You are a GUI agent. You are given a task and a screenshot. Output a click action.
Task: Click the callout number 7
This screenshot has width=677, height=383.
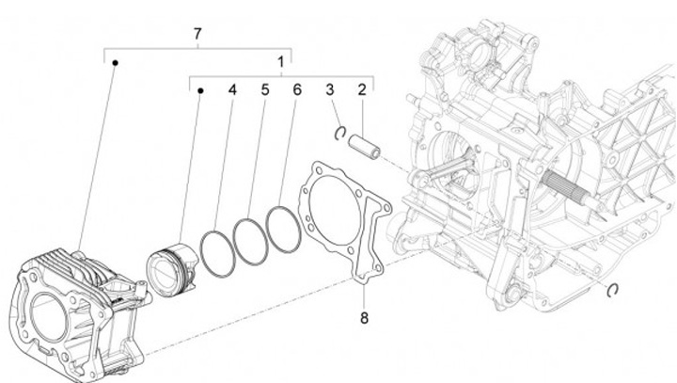click(x=197, y=35)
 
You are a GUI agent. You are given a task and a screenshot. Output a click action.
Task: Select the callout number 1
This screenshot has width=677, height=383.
click(x=279, y=61)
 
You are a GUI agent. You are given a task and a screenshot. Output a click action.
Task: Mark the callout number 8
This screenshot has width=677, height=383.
click(x=364, y=317)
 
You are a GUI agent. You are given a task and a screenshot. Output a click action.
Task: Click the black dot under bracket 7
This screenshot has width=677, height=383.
click(x=115, y=62)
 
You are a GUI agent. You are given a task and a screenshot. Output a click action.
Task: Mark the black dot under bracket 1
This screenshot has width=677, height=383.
click(x=200, y=91)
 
